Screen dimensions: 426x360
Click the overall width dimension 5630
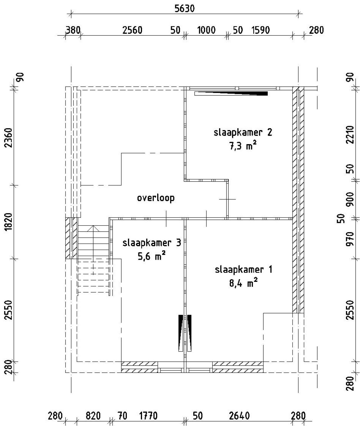coord(184,9)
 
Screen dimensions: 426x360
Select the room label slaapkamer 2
coord(243,132)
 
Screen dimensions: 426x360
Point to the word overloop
coord(156,198)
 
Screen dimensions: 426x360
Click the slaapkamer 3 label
coord(152,243)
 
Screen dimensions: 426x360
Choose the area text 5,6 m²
coord(151,256)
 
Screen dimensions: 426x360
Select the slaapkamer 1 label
coord(244,270)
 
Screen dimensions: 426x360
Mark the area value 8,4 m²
coord(244,283)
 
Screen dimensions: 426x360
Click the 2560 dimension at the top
coord(132,30)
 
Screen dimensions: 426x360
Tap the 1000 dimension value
coord(206,30)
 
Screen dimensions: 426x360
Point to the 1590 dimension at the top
coord(260,30)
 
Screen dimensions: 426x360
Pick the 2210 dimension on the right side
coord(350,135)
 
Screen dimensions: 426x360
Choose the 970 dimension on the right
coord(350,239)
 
